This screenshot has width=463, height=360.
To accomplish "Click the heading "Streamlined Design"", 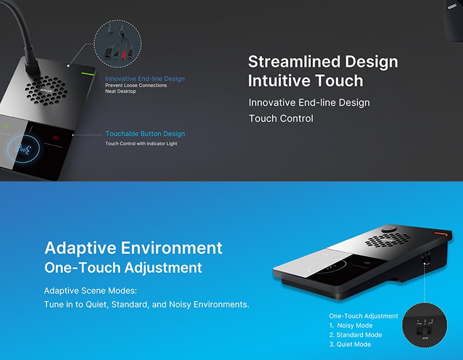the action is pyautogui.click(x=323, y=62).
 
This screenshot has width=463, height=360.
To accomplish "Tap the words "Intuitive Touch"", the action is pyautogui.click(x=305, y=80).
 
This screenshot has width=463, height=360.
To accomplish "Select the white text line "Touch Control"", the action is pyautogui.click(x=281, y=118).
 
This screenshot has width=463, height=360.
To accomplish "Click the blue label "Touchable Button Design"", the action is pyautogui.click(x=145, y=134).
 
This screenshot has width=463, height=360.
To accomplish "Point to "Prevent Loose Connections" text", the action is pyautogui.click(x=136, y=85).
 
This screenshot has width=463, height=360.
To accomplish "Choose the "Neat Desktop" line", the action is pyautogui.click(x=121, y=91).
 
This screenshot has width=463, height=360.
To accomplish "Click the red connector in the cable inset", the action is pyautogui.click(x=123, y=55).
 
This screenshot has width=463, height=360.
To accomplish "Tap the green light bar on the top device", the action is pyautogui.click(x=88, y=74).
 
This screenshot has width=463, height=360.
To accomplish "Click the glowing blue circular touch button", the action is pyautogui.click(x=23, y=149).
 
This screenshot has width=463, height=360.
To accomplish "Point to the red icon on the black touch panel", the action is pyautogui.click(x=56, y=138).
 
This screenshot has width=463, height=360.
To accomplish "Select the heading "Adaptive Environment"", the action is pyautogui.click(x=133, y=248).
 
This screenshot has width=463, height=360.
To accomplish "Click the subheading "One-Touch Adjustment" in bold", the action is pyautogui.click(x=123, y=268).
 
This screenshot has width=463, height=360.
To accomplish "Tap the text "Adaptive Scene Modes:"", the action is pyautogui.click(x=90, y=291).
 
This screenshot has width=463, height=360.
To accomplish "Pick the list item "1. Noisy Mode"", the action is pyautogui.click(x=351, y=325).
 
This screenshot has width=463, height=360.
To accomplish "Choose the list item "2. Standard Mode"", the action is pyautogui.click(x=356, y=335).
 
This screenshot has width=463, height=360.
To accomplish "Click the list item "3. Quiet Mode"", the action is pyautogui.click(x=350, y=344).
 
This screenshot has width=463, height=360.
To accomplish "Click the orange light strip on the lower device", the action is pyautogui.click(x=440, y=234).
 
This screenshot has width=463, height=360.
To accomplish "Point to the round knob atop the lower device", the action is pyautogui.click(x=389, y=229).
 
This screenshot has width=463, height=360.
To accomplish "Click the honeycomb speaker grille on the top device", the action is pyautogui.click(x=46, y=90).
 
